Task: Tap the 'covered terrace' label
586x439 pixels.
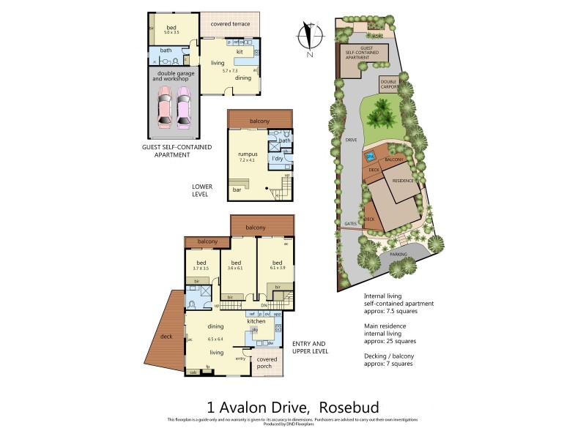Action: pos(229,24)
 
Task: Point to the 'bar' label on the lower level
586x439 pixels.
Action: pos(237,190)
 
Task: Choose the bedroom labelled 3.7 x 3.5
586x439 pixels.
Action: pos(201,266)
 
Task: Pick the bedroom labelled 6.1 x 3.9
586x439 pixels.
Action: pos(277,266)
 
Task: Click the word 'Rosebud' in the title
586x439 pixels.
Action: pos(354,406)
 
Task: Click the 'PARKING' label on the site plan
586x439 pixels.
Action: pos(398,255)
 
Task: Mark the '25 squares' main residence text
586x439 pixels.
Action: pos(397,341)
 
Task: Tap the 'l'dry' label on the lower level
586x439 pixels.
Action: pos(278,158)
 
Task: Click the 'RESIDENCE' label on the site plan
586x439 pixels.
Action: pos(403,180)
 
